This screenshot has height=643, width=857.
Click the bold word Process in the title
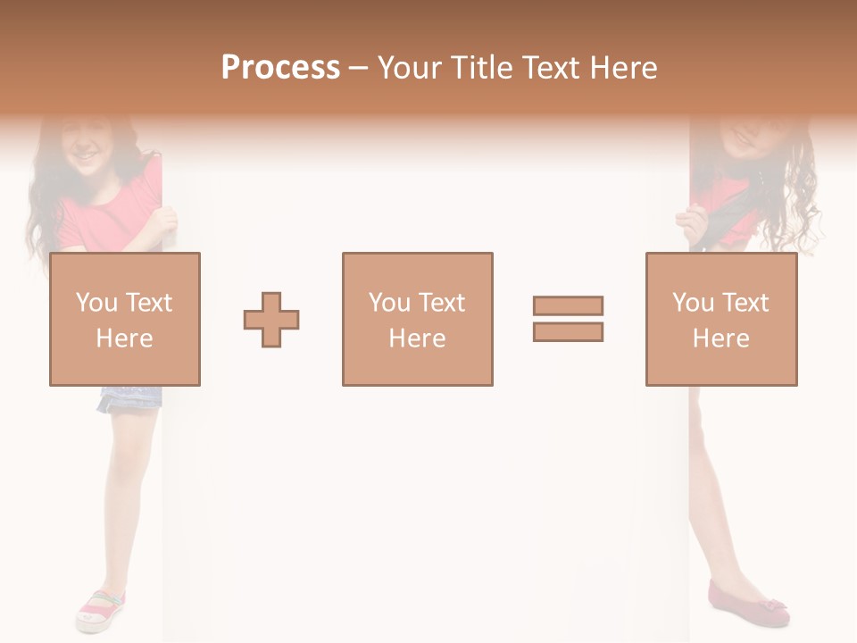[x=280, y=68]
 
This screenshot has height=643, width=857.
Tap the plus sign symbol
[x=271, y=320]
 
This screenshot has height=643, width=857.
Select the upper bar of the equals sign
[x=568, y=305]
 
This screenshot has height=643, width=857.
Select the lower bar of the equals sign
[x=568, y=331]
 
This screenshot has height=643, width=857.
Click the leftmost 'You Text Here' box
[x=124, y=319]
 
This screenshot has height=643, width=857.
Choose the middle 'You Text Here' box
[x=417, y=319]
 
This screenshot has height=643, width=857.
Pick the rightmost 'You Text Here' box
[x=720, y=319]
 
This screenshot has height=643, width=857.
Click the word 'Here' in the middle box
[x=417, y=338]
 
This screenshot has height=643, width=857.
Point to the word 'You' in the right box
[x=693, y=303]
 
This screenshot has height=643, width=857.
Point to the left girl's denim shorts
[x=129, y=397]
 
